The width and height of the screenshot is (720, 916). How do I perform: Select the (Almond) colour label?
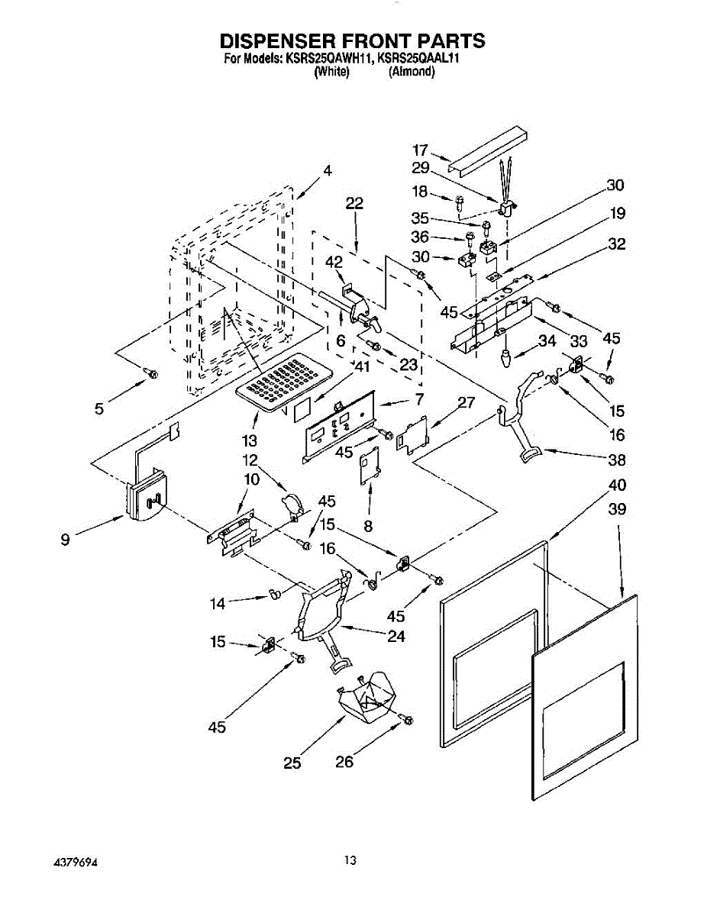tap(412, 72)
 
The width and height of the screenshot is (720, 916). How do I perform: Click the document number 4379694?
tap(76, 862)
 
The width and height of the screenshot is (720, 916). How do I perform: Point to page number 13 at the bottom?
tap(350, 860)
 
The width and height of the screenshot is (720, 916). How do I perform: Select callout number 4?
tap(328, 171)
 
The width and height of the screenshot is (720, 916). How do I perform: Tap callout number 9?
tap(66, 539)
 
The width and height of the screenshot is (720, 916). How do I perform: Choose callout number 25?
tap(292, 762)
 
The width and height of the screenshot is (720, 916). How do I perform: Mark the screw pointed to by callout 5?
tap(151, 373)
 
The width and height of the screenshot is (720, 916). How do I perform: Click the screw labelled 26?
tap(406, 720)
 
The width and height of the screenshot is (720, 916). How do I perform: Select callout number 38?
tap(617, 460)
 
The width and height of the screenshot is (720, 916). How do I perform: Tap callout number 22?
tap(354, 203)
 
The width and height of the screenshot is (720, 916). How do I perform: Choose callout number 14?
tap(218, 603)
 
